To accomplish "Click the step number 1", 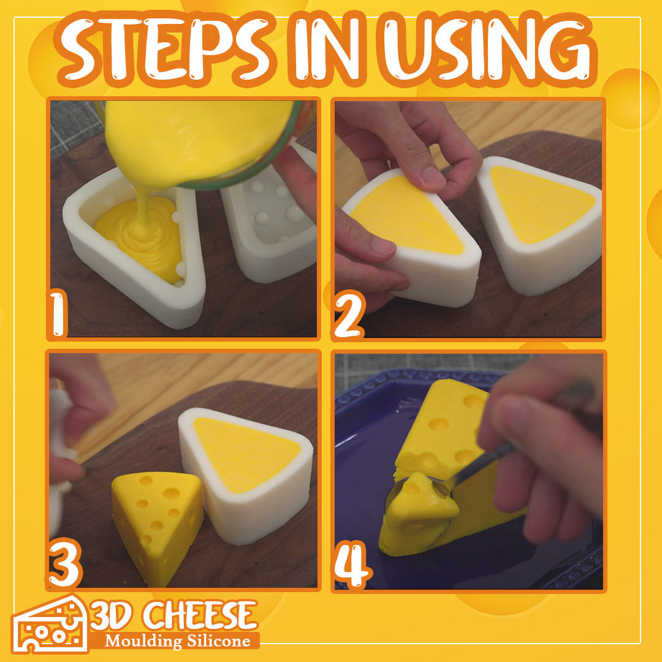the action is click(x=58, y=314).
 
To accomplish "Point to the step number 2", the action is click(x=349, y=314).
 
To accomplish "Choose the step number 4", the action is click(x=352, y=565).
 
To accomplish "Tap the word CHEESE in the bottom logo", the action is click(x=200, y=615).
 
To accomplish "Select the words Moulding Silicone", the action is click(x=178, y=641).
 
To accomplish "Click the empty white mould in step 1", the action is click(x=270, y=215).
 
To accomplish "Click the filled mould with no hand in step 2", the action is click(x=541, y=224).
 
